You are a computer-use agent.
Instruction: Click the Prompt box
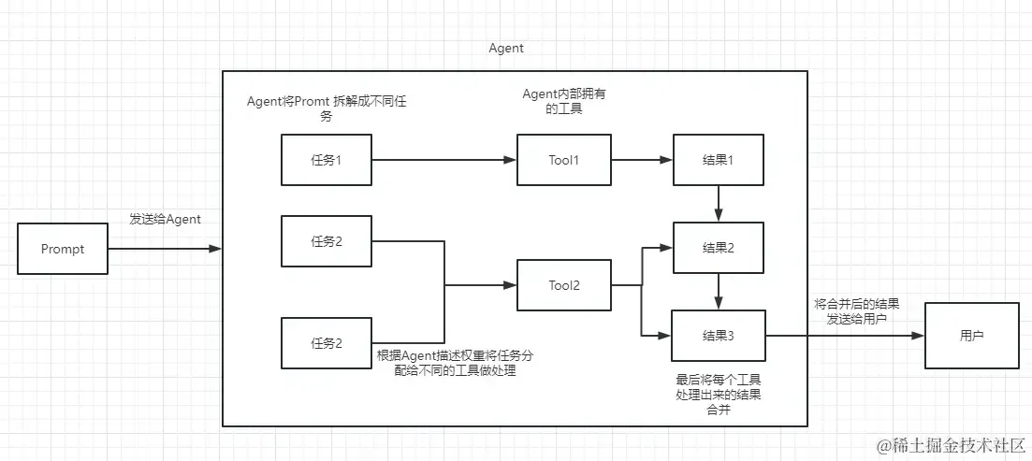[x=63, y=249]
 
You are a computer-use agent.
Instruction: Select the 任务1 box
[x=326, y=159]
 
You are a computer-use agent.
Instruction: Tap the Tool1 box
[x=564, y=159]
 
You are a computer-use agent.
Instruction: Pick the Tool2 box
[x=564, y=285]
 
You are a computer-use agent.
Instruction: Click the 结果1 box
[x=718, y=159]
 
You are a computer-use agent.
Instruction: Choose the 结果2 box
[x=718, y=248]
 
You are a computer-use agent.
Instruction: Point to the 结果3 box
[x=718, y=335]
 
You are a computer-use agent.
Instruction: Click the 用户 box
[x=971, y=335]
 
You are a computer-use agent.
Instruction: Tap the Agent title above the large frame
[x=506, y=48]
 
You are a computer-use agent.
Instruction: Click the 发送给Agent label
[x=166, y=219]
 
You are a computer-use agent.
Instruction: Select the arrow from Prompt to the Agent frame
[x=165, y=249]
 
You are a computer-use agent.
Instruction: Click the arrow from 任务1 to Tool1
[x=444, y=160]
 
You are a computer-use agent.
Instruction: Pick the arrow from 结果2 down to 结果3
[x=718, y=291]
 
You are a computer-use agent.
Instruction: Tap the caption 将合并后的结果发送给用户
[x=857, y=310]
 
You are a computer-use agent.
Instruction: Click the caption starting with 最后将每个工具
[x=718, y=395]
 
